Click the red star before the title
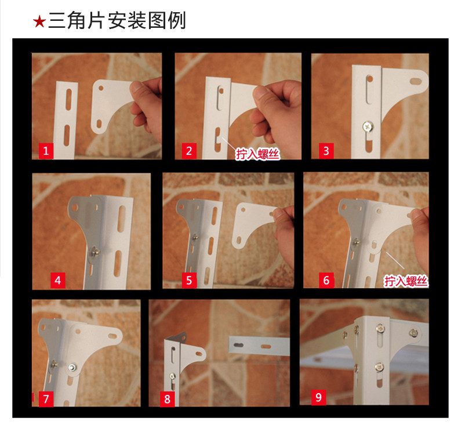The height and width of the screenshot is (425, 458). [x=39, y=21]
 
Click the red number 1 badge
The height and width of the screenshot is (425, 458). [x=46, y=151]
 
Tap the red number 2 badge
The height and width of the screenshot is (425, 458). [x=189, y=151]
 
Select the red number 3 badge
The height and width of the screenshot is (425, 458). [x=326, y=151]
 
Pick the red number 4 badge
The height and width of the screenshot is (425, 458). [x=57, y=281]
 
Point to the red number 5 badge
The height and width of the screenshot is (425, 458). [x=189, y=281]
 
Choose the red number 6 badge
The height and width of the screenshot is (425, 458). [x=326, y=281]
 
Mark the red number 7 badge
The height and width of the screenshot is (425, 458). [x=46, y=399]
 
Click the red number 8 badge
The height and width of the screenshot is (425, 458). [x=167, y=399]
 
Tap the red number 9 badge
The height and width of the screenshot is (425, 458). [x=318, y=397]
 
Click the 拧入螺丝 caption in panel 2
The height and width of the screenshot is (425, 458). [x=257, y=154]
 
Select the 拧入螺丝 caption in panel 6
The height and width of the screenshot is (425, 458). [x=406, y=281]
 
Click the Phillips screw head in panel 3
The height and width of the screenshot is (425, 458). [x=368, y=127]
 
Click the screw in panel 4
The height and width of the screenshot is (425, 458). [x=94, y=252]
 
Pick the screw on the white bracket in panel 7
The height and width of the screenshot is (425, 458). [x=72, y=368]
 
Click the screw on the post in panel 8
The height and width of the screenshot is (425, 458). [x=172, y=376]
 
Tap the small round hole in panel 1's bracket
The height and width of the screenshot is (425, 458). [x=101, y=88]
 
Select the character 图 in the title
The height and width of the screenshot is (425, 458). [x=157, y=21]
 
